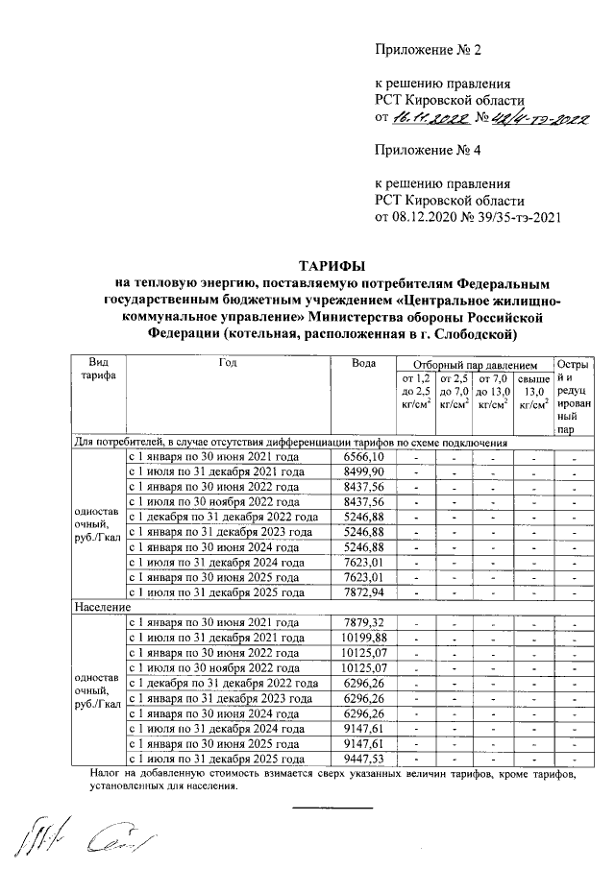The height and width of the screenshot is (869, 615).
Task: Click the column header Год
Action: (x=228, y=363)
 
